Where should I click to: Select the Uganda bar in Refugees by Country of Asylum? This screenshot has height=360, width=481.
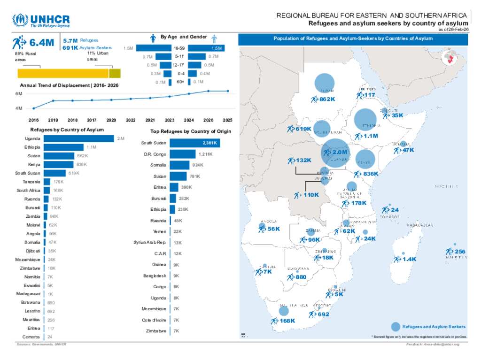point(79,138)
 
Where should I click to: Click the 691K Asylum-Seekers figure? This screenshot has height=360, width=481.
point(70,48)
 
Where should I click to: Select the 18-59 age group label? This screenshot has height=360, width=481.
point(178,48)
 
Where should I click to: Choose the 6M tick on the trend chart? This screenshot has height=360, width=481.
point(19,94)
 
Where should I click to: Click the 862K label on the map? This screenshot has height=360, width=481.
point(327,99)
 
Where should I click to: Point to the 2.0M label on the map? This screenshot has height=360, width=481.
point(339,152)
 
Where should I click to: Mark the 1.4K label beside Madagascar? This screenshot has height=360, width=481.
point(410,259)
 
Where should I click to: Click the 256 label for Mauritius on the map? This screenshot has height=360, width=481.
point(460,252)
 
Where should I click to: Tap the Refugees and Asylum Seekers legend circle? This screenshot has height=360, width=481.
point(396,327)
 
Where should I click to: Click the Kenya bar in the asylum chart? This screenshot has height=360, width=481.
point(59,164)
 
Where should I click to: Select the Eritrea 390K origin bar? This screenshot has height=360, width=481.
point(174,187)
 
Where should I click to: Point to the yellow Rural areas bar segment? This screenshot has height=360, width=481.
point(63,73)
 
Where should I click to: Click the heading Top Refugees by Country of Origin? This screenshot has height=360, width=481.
point(190,131)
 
